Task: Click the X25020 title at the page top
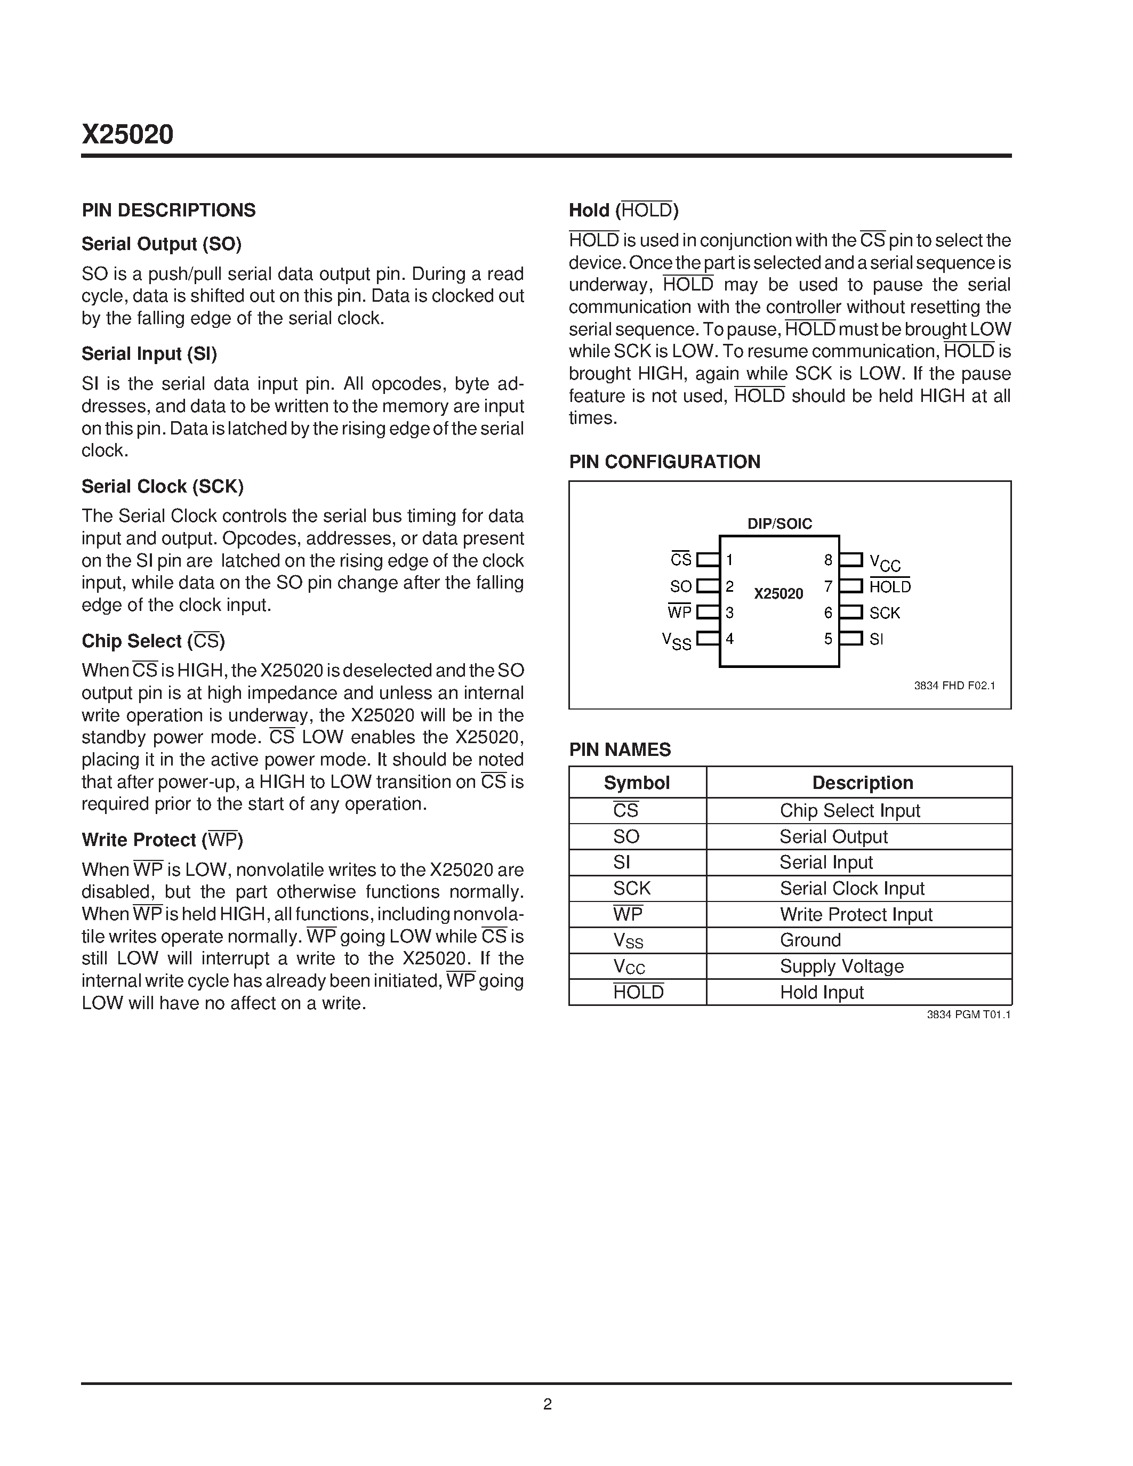[x=127, y=135]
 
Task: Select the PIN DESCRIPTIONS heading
[x=168, y=210]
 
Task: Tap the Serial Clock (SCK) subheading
[x=163, y=486]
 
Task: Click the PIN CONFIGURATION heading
[x=664, y=462]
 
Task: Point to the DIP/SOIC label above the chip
[x=780, y=523]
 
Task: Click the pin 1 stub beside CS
[x=708, y=560]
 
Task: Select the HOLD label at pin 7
[x=890, y=587]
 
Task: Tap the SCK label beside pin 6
[x=885, y=613]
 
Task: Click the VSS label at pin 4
[x=677, y=640]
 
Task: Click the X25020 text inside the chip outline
[x=778, y=593]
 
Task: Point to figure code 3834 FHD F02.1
[x=954, y=686]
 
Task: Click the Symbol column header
[x=636, y=783]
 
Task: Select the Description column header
[x=863, y=783]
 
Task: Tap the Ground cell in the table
[x=810, y=940]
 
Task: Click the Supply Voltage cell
[x=842, y=966]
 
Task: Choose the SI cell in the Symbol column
[x=622, y=862]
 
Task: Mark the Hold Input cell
[x=822, y=992]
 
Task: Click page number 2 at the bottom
[x=547, y=1404]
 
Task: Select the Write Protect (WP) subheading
[x=162, y=840]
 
